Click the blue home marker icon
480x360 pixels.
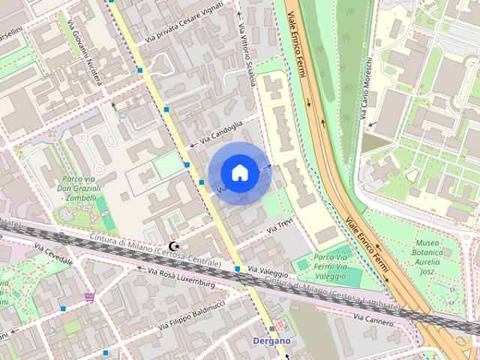click(240, 172)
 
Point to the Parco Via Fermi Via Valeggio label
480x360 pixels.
click(330, 266)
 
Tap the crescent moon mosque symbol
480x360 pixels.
click(175, 247)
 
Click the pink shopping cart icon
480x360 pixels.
click(90, 297)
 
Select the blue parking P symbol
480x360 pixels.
click(122, 117)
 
